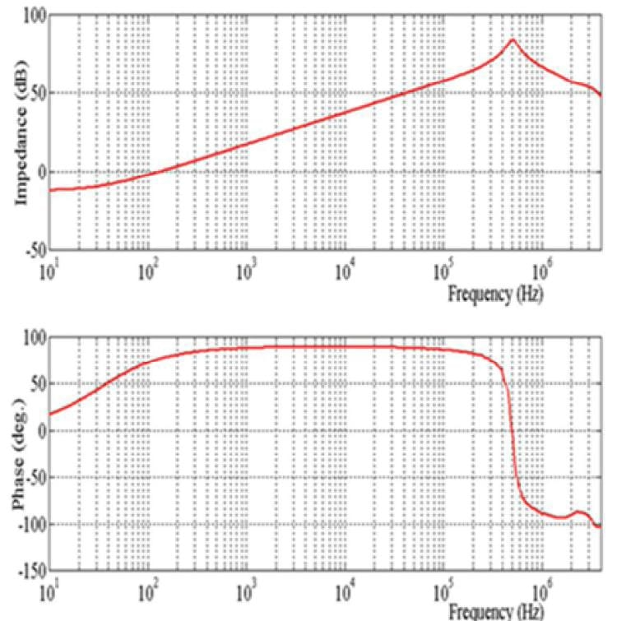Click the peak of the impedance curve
pyautogui.click(x=513, y=39)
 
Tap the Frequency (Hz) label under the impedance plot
pyautogui.click(x=495, y=293)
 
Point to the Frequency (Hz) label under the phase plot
pyautogui.click(x=495, y=612)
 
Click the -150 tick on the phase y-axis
pyautogui.click(x=30, y=570)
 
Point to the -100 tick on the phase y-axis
pyautogui.click(x=30, y=524)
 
